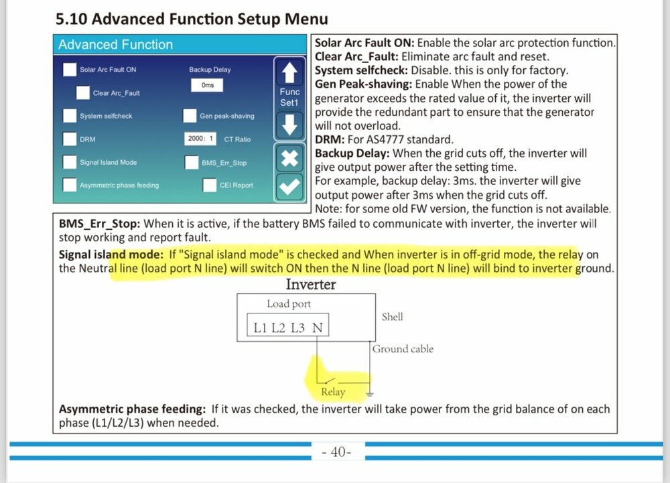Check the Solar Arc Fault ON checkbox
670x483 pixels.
(70, 69)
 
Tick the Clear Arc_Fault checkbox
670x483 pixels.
(83, 92)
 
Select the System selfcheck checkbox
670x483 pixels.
(70, 116)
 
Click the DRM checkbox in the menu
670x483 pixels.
(70, 139)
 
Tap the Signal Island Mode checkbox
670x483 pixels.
(70, 162)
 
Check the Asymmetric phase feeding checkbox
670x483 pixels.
(70, 185)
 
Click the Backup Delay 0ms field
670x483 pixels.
(207, 85)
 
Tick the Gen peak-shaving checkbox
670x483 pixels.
(190, 116)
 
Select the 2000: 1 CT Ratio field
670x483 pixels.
(200, 139)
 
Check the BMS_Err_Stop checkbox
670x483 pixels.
(192, 162)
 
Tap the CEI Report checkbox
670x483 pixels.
(209, 186)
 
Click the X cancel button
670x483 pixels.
(289, 159)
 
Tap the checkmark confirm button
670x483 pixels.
(289, 187)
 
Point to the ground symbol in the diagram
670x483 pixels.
(370, 394)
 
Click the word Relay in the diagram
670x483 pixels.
(333, 392)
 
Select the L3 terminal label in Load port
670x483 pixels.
(298, 328)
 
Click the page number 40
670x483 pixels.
(338, 452)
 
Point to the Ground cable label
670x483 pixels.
(403, 349)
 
